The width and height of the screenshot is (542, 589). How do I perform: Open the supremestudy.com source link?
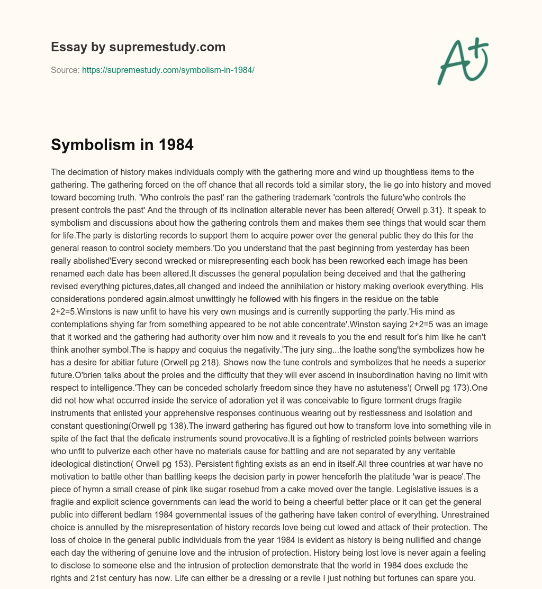[168, 70]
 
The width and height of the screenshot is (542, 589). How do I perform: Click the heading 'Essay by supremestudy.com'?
[138, 47]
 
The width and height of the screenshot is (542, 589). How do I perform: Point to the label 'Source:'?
[65, 70]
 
